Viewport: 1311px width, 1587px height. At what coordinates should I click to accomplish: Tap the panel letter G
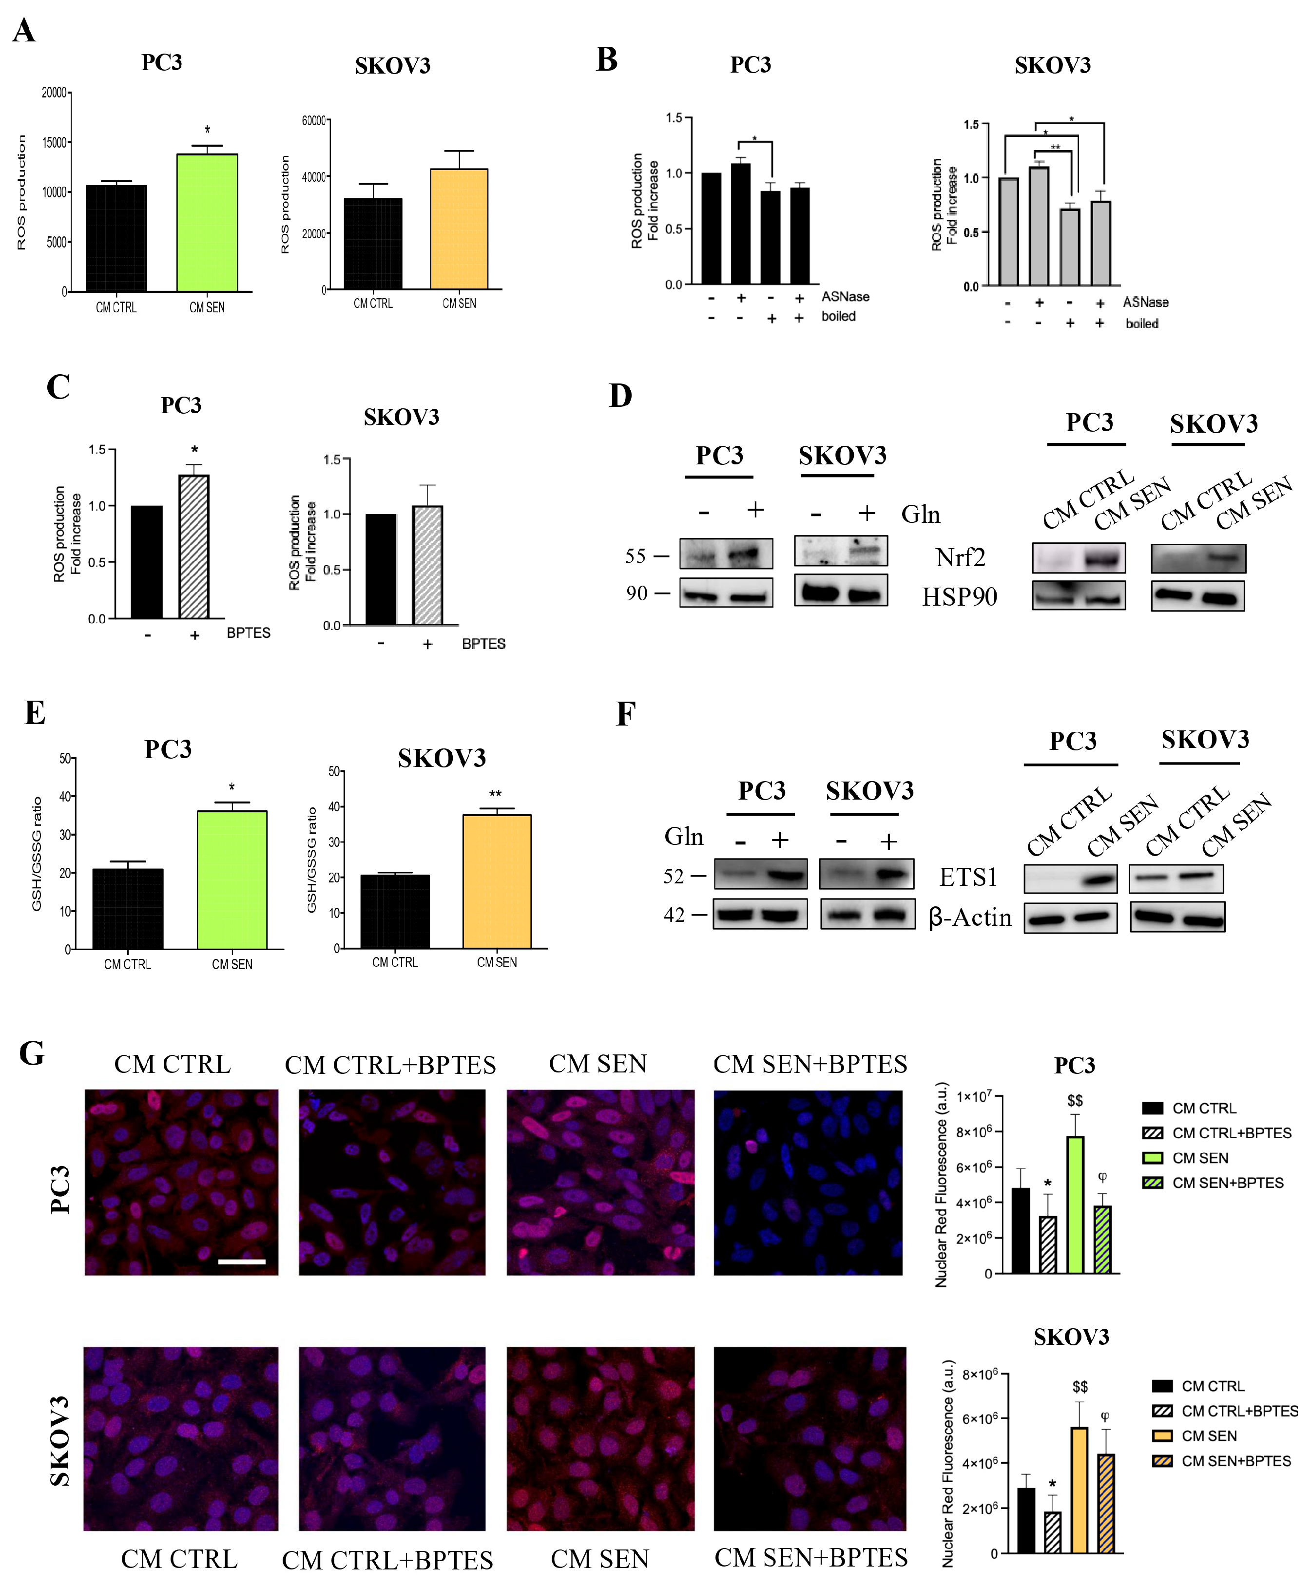click(32, 1052)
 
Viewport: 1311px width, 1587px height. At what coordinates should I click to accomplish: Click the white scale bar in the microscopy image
click(242, 1262)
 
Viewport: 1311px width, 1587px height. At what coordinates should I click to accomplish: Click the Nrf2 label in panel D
click(960, 557)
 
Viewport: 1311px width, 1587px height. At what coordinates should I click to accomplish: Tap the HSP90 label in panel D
click(959, 596)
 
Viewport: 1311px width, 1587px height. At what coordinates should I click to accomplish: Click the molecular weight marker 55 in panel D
click(636, 556)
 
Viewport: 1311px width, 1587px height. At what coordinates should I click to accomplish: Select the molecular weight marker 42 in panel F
click(674, 915)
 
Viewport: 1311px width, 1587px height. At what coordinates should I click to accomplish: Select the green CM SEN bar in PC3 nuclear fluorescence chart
click(1076, 1205)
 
